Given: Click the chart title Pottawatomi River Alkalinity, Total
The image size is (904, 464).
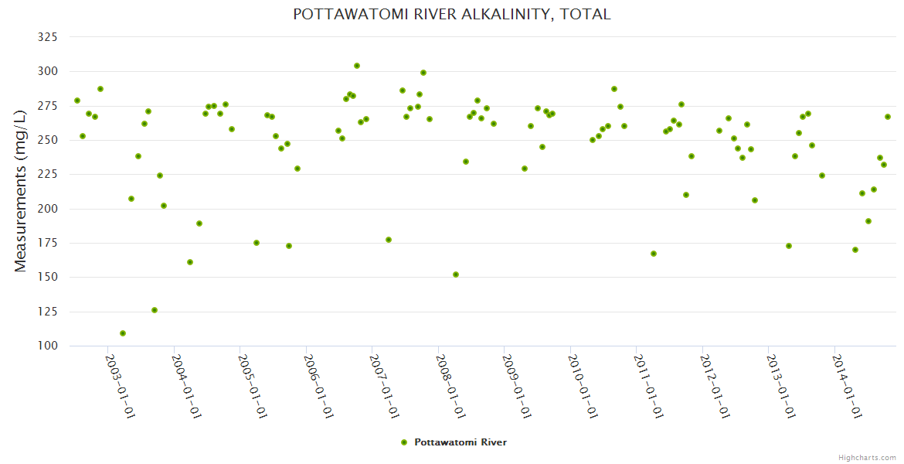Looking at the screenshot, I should coord(451,14).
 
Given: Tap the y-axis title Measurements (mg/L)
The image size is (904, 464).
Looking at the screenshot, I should coord(21,190).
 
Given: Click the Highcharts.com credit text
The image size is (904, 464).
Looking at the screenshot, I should coord(867,457).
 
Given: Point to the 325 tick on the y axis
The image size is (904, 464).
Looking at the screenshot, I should coord(47,37).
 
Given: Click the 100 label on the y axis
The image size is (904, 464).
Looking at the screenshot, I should coord(47,346).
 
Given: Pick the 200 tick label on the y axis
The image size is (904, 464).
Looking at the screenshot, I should coord(47,209).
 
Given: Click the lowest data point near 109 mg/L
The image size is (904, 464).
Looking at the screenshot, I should coord(123,333).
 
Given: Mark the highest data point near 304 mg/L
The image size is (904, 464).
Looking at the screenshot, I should coord(357,66).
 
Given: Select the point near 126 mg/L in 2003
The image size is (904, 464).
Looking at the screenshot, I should coord(155,310).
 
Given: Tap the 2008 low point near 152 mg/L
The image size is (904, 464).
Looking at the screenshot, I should coord(456,275).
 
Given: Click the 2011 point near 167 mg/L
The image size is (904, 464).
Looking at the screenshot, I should coord(654,254).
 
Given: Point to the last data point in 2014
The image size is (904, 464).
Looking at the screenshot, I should coord(888,117).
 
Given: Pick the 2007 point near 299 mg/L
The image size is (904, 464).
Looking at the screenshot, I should coord(423,73).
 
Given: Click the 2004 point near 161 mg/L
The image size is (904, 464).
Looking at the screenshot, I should coord(190,262).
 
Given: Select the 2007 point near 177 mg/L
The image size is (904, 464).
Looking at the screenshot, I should coord(389,240).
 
